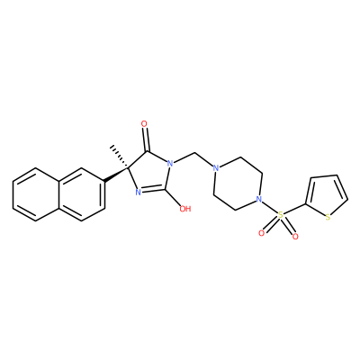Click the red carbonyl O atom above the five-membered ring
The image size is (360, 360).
tap(144, 124)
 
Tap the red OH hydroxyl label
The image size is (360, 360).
tap(185, 209)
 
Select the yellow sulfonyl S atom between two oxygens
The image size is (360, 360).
tap(281, 215)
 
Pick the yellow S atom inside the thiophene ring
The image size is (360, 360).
tap(328, 217)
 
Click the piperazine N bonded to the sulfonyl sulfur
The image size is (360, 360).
tap(259, 199)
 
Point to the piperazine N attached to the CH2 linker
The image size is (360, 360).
tap(215, 168)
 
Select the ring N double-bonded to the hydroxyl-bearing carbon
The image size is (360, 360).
tap(139, 193)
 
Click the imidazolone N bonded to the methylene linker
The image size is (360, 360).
tap(170, 164)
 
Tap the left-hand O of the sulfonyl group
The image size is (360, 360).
tap(261, 233)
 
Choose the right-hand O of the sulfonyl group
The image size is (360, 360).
tap(295, 237)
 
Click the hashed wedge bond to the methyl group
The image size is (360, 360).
tap(119, 157)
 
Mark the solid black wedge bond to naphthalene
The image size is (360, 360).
tap(116, 175)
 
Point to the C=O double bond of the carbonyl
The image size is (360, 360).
tap(146, 139)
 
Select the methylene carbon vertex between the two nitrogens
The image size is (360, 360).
tap(194, 153)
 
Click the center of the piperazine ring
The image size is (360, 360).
tap(238, 184)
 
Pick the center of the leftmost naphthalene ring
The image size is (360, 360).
tap(36, 194)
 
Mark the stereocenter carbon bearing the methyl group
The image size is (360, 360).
tap(128, 169)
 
